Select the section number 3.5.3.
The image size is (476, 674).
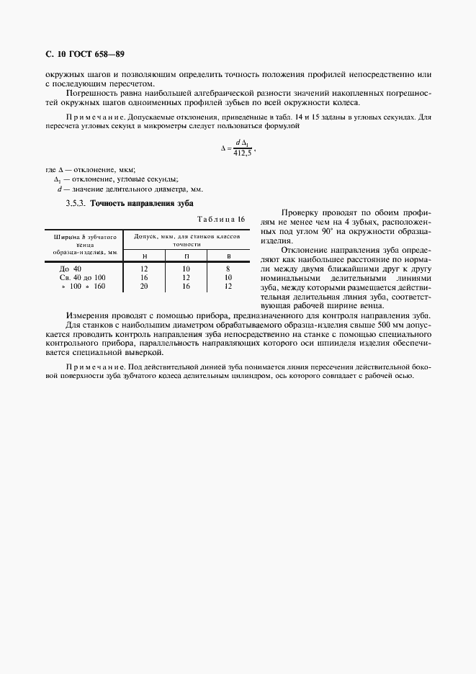pyautogui.click(x=76, y=204)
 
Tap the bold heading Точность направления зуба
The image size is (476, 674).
pyautogui.click(x=142, y=204)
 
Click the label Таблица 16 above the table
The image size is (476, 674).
pyautogui.click(x=222, y=219)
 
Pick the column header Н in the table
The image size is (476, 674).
pyautogui.click(x=144, y=256)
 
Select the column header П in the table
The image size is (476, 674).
pyautogui.click(x=187, y=256)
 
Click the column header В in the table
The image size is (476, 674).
pyautogui.click(x=228, y=256)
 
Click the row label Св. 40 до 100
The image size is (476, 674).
pyautogui.click(x=79, y=277)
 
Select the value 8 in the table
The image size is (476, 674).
pyautogui.click(x=228, y=268)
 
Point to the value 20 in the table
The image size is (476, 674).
pyautogui.click(x=144, y=286)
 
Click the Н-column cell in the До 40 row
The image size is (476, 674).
pyautogui.click(x=144, y=268)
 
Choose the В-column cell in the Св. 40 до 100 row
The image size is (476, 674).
pyautogui.click(x=228, y=277)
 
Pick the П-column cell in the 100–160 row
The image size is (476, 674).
pyautogui.click(x=187, y=286)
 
